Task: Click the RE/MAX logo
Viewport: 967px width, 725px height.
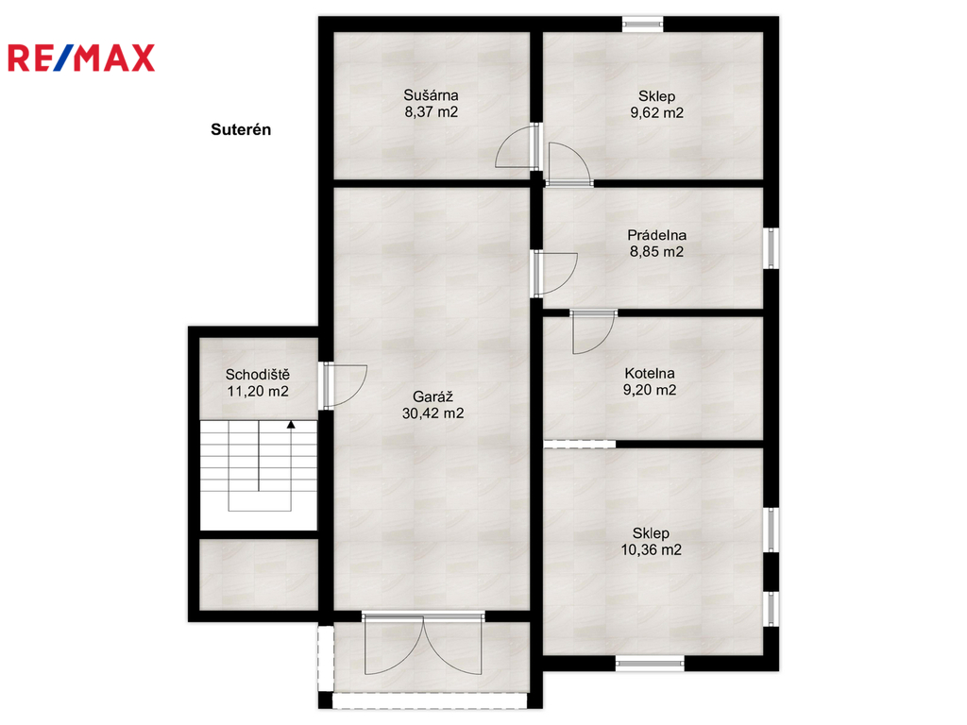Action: click(81, 58)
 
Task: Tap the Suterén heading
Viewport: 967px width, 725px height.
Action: click(241, 129)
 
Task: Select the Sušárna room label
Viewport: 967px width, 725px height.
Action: click(431, 95)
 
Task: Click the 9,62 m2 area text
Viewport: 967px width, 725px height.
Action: click(657, 113)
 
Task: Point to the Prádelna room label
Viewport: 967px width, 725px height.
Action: click(657, 235)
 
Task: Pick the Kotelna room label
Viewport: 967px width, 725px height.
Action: click(650, 373)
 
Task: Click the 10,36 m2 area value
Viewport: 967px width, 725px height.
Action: click(652, 550)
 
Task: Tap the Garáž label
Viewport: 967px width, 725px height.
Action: click(433, 396)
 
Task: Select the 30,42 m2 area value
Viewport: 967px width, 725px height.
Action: click(433, 413)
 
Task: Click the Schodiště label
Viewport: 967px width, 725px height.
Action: click(258, 374)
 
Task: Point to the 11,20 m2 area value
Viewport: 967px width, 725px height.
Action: click(258, 392)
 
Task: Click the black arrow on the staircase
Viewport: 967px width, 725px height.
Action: click(291, 425)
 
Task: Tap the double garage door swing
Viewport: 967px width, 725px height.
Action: click(422, 644)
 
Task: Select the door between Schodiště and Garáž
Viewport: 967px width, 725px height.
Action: click(344, 385)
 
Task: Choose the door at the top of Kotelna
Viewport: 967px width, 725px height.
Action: click(593, 332)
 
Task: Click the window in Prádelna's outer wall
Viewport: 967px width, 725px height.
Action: click(771, 248)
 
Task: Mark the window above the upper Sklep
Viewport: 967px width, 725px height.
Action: click(642, 24)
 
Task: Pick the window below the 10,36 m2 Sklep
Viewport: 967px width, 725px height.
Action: click(650, 664)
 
